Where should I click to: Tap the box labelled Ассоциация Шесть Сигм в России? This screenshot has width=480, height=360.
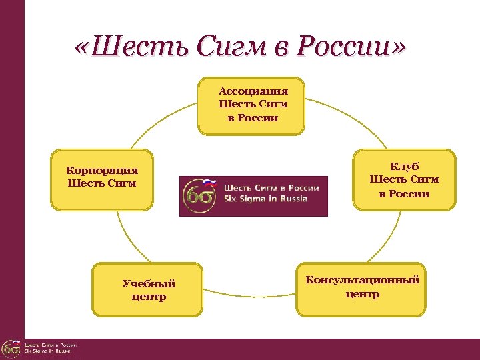pos(251,106)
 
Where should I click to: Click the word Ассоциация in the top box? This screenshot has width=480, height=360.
pos(253,91)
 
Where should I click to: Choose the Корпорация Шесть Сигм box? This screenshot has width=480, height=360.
pos(102,180)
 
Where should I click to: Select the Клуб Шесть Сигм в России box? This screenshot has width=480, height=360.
pos(405,179)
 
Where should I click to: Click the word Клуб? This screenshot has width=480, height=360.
pos(405,166)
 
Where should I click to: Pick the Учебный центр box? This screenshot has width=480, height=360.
pos(148,289)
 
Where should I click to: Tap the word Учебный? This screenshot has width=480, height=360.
pos(149,283)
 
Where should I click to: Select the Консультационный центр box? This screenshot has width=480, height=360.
pos(362,289)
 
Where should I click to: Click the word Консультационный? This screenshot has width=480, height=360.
pos(362,280)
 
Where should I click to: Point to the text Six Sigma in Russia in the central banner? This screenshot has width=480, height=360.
pos(265,199)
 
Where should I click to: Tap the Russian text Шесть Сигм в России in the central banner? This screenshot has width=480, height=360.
pos(271,188)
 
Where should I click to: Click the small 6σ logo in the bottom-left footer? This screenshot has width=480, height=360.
pos(10,349)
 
